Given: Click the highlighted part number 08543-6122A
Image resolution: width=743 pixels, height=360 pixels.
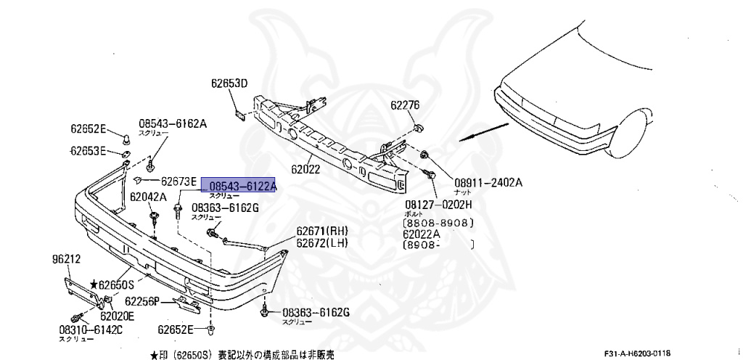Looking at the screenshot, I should tap(239, 187).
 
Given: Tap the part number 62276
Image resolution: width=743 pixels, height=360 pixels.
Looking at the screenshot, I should tap(405, 105).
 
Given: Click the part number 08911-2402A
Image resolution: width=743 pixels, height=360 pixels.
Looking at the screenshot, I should tap(488, 182).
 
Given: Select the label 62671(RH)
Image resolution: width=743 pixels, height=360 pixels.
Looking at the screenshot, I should tap(323, 232).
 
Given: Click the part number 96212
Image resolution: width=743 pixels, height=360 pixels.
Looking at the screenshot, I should tap(66, 258).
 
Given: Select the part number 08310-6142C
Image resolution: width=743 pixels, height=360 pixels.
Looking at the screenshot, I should tap(91, 330).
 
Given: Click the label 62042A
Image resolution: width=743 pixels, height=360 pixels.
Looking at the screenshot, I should tap(148, 197).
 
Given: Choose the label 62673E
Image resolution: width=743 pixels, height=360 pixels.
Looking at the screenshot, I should tap(178, 181).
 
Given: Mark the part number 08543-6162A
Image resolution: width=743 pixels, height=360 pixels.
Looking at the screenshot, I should tap(173, 124).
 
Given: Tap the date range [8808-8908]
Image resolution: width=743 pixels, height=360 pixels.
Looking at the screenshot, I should tap(439, 224).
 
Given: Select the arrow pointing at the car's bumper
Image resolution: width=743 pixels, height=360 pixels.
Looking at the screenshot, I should tap(483, 131).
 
